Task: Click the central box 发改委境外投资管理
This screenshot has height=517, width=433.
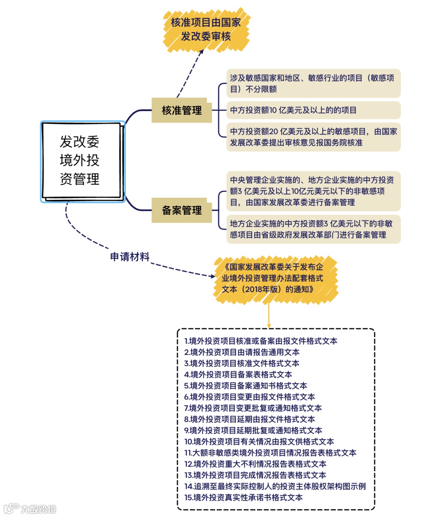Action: coord(82,161)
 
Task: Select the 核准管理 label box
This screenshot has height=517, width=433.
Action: coord(181,110)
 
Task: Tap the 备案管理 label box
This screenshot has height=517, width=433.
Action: coord(181,210)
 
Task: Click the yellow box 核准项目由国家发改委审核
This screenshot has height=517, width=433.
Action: coord(206,30)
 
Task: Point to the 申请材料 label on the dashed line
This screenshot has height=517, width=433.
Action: coord(129,257)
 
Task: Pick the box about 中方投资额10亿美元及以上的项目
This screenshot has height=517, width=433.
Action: coord(313,110)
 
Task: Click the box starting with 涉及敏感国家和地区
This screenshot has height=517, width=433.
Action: coord(313,83)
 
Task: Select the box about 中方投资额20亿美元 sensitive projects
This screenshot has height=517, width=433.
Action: coord(313,137)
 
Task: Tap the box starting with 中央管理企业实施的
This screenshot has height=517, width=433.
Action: coord(313,191)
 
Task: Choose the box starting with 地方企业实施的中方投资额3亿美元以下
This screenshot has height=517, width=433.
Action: coord(313,229)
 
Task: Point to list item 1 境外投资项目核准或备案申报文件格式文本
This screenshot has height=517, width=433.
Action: coord(261,341)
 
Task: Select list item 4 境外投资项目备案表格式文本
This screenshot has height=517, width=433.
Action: coord(238,375)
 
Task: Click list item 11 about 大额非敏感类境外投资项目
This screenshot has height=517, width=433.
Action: coord(270,453)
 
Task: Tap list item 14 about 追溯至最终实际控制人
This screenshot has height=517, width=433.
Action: coord(275,487)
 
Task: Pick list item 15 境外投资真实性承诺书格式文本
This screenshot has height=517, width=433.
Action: coord(243,498)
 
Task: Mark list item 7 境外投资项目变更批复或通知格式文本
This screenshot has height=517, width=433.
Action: coord(253,408)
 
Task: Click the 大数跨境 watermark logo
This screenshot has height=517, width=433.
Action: coord(30,509)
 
